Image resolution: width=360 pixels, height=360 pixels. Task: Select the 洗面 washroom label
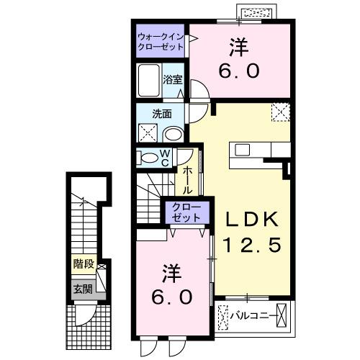pos(161,114)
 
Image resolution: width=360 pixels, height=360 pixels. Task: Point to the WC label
pos(165,158)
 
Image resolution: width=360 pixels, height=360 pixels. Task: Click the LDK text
pos(246,219)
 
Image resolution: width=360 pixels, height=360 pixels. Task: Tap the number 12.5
pos(246,245)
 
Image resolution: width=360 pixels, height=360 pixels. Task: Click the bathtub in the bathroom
pos(149,80)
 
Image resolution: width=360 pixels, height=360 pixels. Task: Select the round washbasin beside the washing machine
pos(174,133)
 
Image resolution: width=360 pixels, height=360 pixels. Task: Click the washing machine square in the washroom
pos(148,133)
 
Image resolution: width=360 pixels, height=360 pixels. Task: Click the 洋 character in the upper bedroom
pos(238,48)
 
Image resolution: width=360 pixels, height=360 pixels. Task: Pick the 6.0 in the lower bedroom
pos(171,296)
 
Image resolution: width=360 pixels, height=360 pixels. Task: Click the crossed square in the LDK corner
pos(280,112)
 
